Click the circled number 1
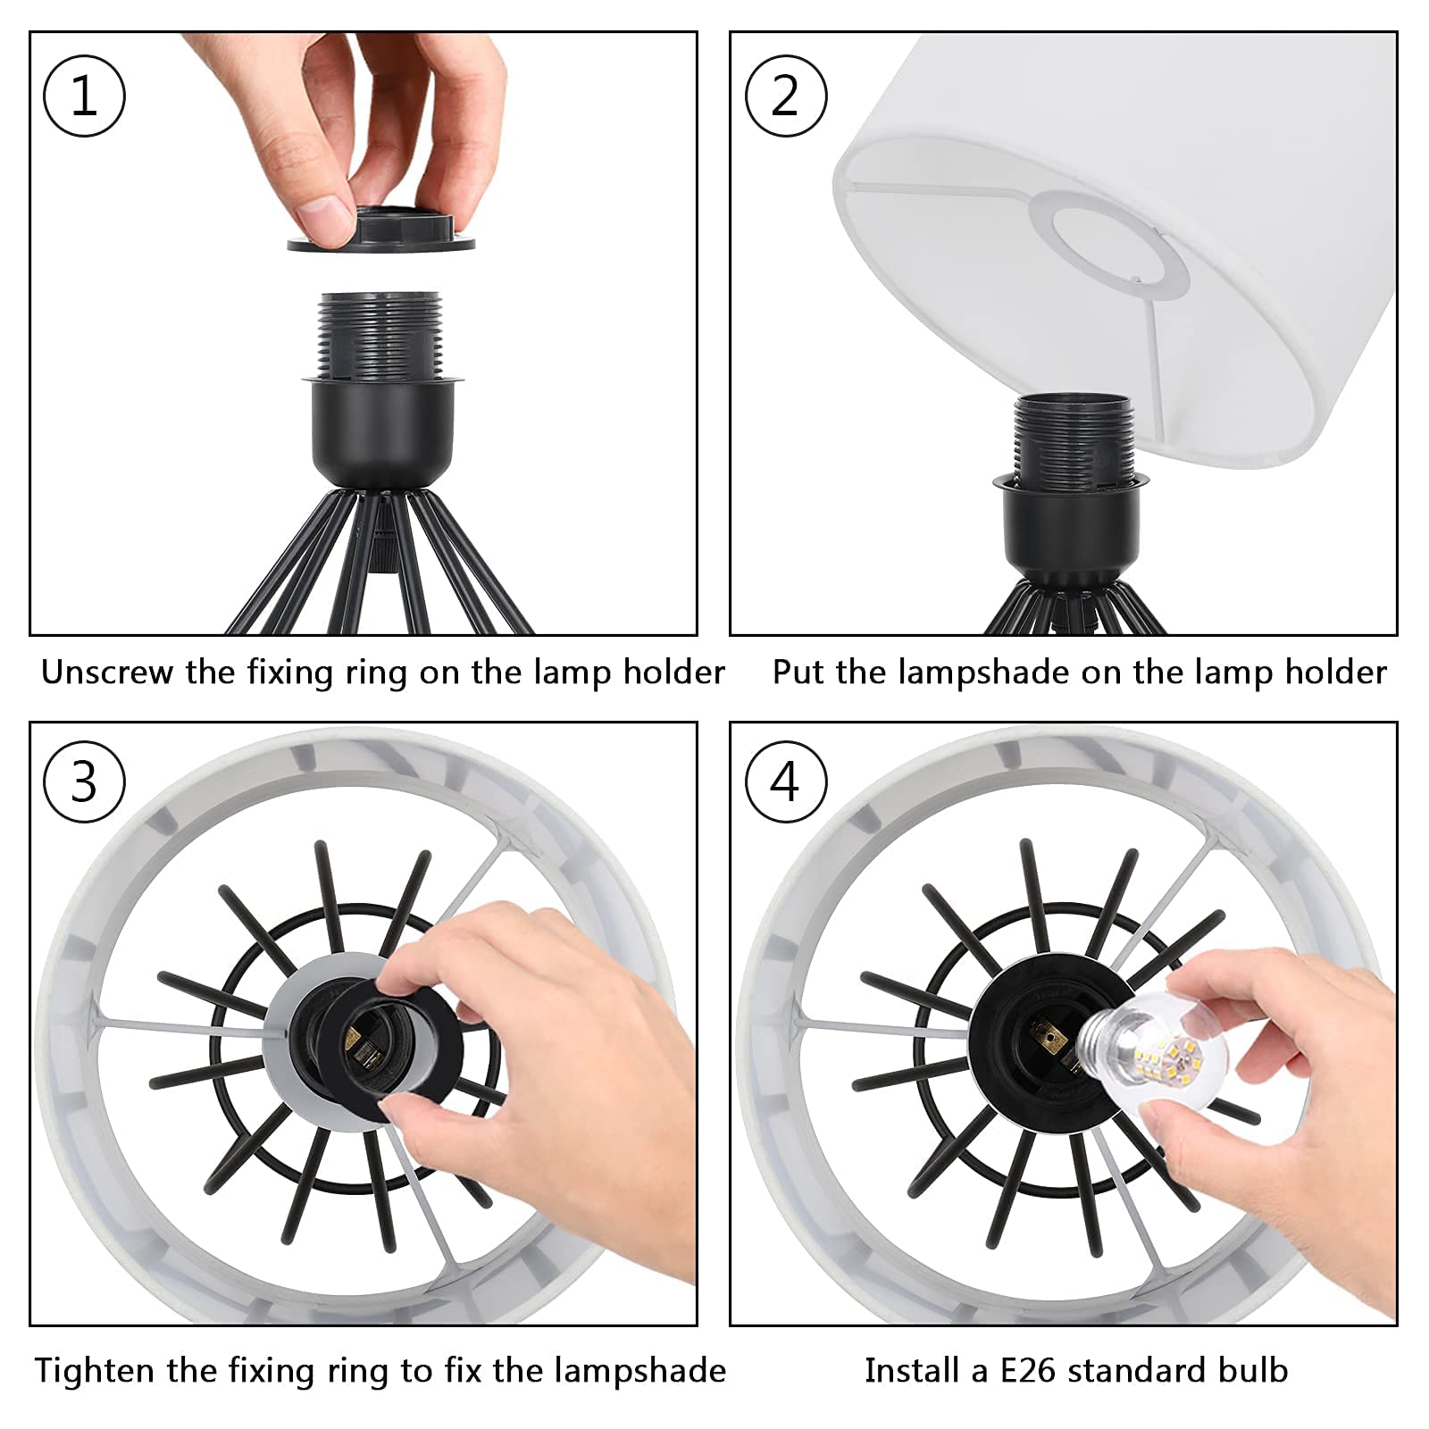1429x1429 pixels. pos(84,96)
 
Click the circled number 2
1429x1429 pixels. pos(786,96)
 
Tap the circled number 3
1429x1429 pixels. pos(84,782)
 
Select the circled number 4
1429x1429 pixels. pos(786,782)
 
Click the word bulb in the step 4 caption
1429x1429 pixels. pos(1249,1371)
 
